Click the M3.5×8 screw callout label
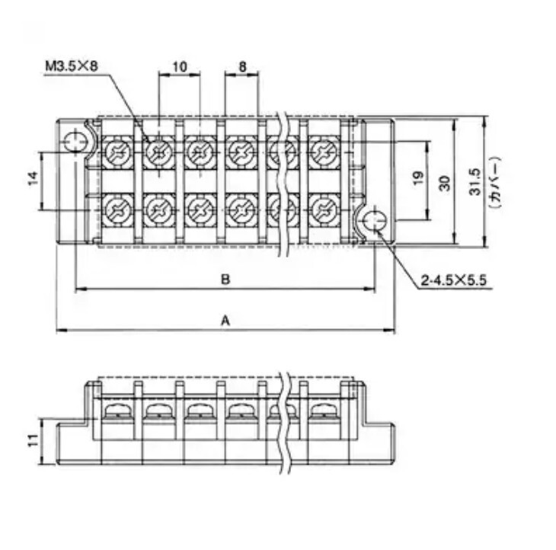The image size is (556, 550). click(x=72, y=66)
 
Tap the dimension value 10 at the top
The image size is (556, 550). click(x=180, y=66)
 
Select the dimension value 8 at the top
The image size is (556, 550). click(x=242, y=66)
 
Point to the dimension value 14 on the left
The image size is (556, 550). click(x=33, y=178)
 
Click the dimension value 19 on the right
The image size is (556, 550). click(x=419, y=177)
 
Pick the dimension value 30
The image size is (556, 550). click(x=445, y=184)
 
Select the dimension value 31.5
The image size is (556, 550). click(x=475, y=182)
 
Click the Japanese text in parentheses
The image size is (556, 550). click(x=495, y=182)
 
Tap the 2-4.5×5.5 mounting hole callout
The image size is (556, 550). click(x=453, y=280)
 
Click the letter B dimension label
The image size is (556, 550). click(x=225, y=280)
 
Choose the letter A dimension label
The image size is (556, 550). click(x=225, y=321)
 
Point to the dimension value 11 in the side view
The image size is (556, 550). click(x=33, y=440)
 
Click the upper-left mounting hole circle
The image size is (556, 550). click(x=75, y=142)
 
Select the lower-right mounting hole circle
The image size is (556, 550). click(x=375, y=221)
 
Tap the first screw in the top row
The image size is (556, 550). click(x=118, y=152)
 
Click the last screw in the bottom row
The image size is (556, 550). click(x=324, y=210)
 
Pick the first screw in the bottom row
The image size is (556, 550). click(x=118, y=210)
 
